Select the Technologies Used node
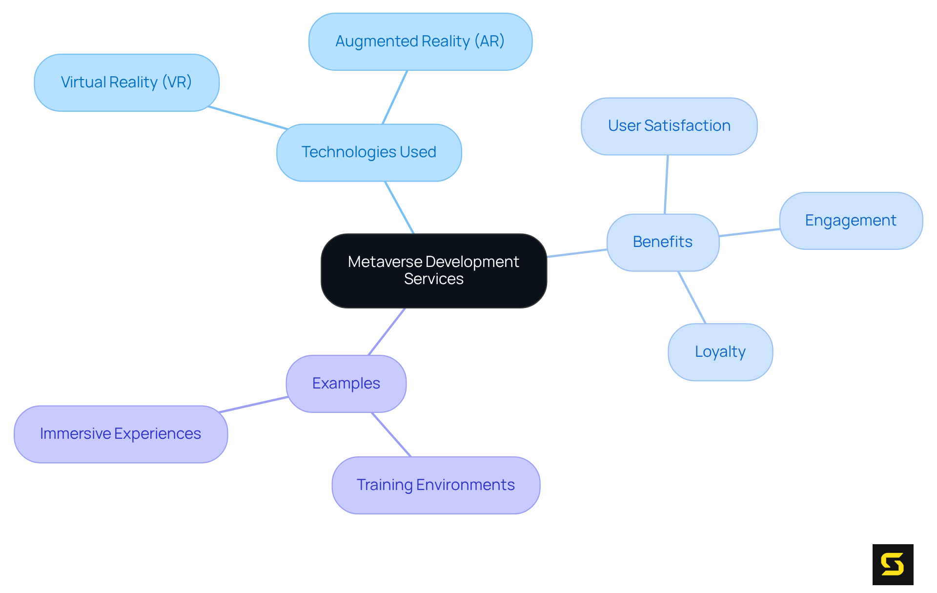(x=369, y=152)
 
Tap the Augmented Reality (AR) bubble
(x=420, y=41)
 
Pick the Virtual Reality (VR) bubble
(x=126, y=82)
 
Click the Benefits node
(x=663, y=242)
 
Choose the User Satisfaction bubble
(x=669, y=126)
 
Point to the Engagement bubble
(x=851, y=221)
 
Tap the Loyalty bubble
(x=720, y=352)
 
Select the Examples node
(x=346, y=384)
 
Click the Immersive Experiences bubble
(x=121, y=434)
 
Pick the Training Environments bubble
(x=436, y=485)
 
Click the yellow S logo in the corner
(x=893, y=564)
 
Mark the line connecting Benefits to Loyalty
(x=692, y=297)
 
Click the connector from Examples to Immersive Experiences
(x=254, y=405)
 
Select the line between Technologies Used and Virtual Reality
(x=248, y=118)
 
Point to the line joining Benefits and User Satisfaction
(x=666, y=184)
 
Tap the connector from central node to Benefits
(x=577, y=253)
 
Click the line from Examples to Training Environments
(x=391, y=435)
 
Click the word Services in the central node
(x=433, y=279)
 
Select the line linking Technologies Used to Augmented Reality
(x=395, y=97)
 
